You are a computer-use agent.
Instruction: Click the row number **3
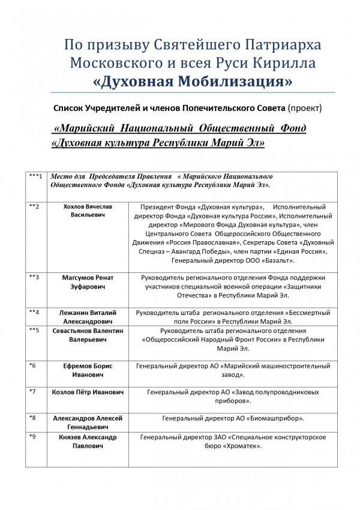34,277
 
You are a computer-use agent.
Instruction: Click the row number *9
33,437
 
